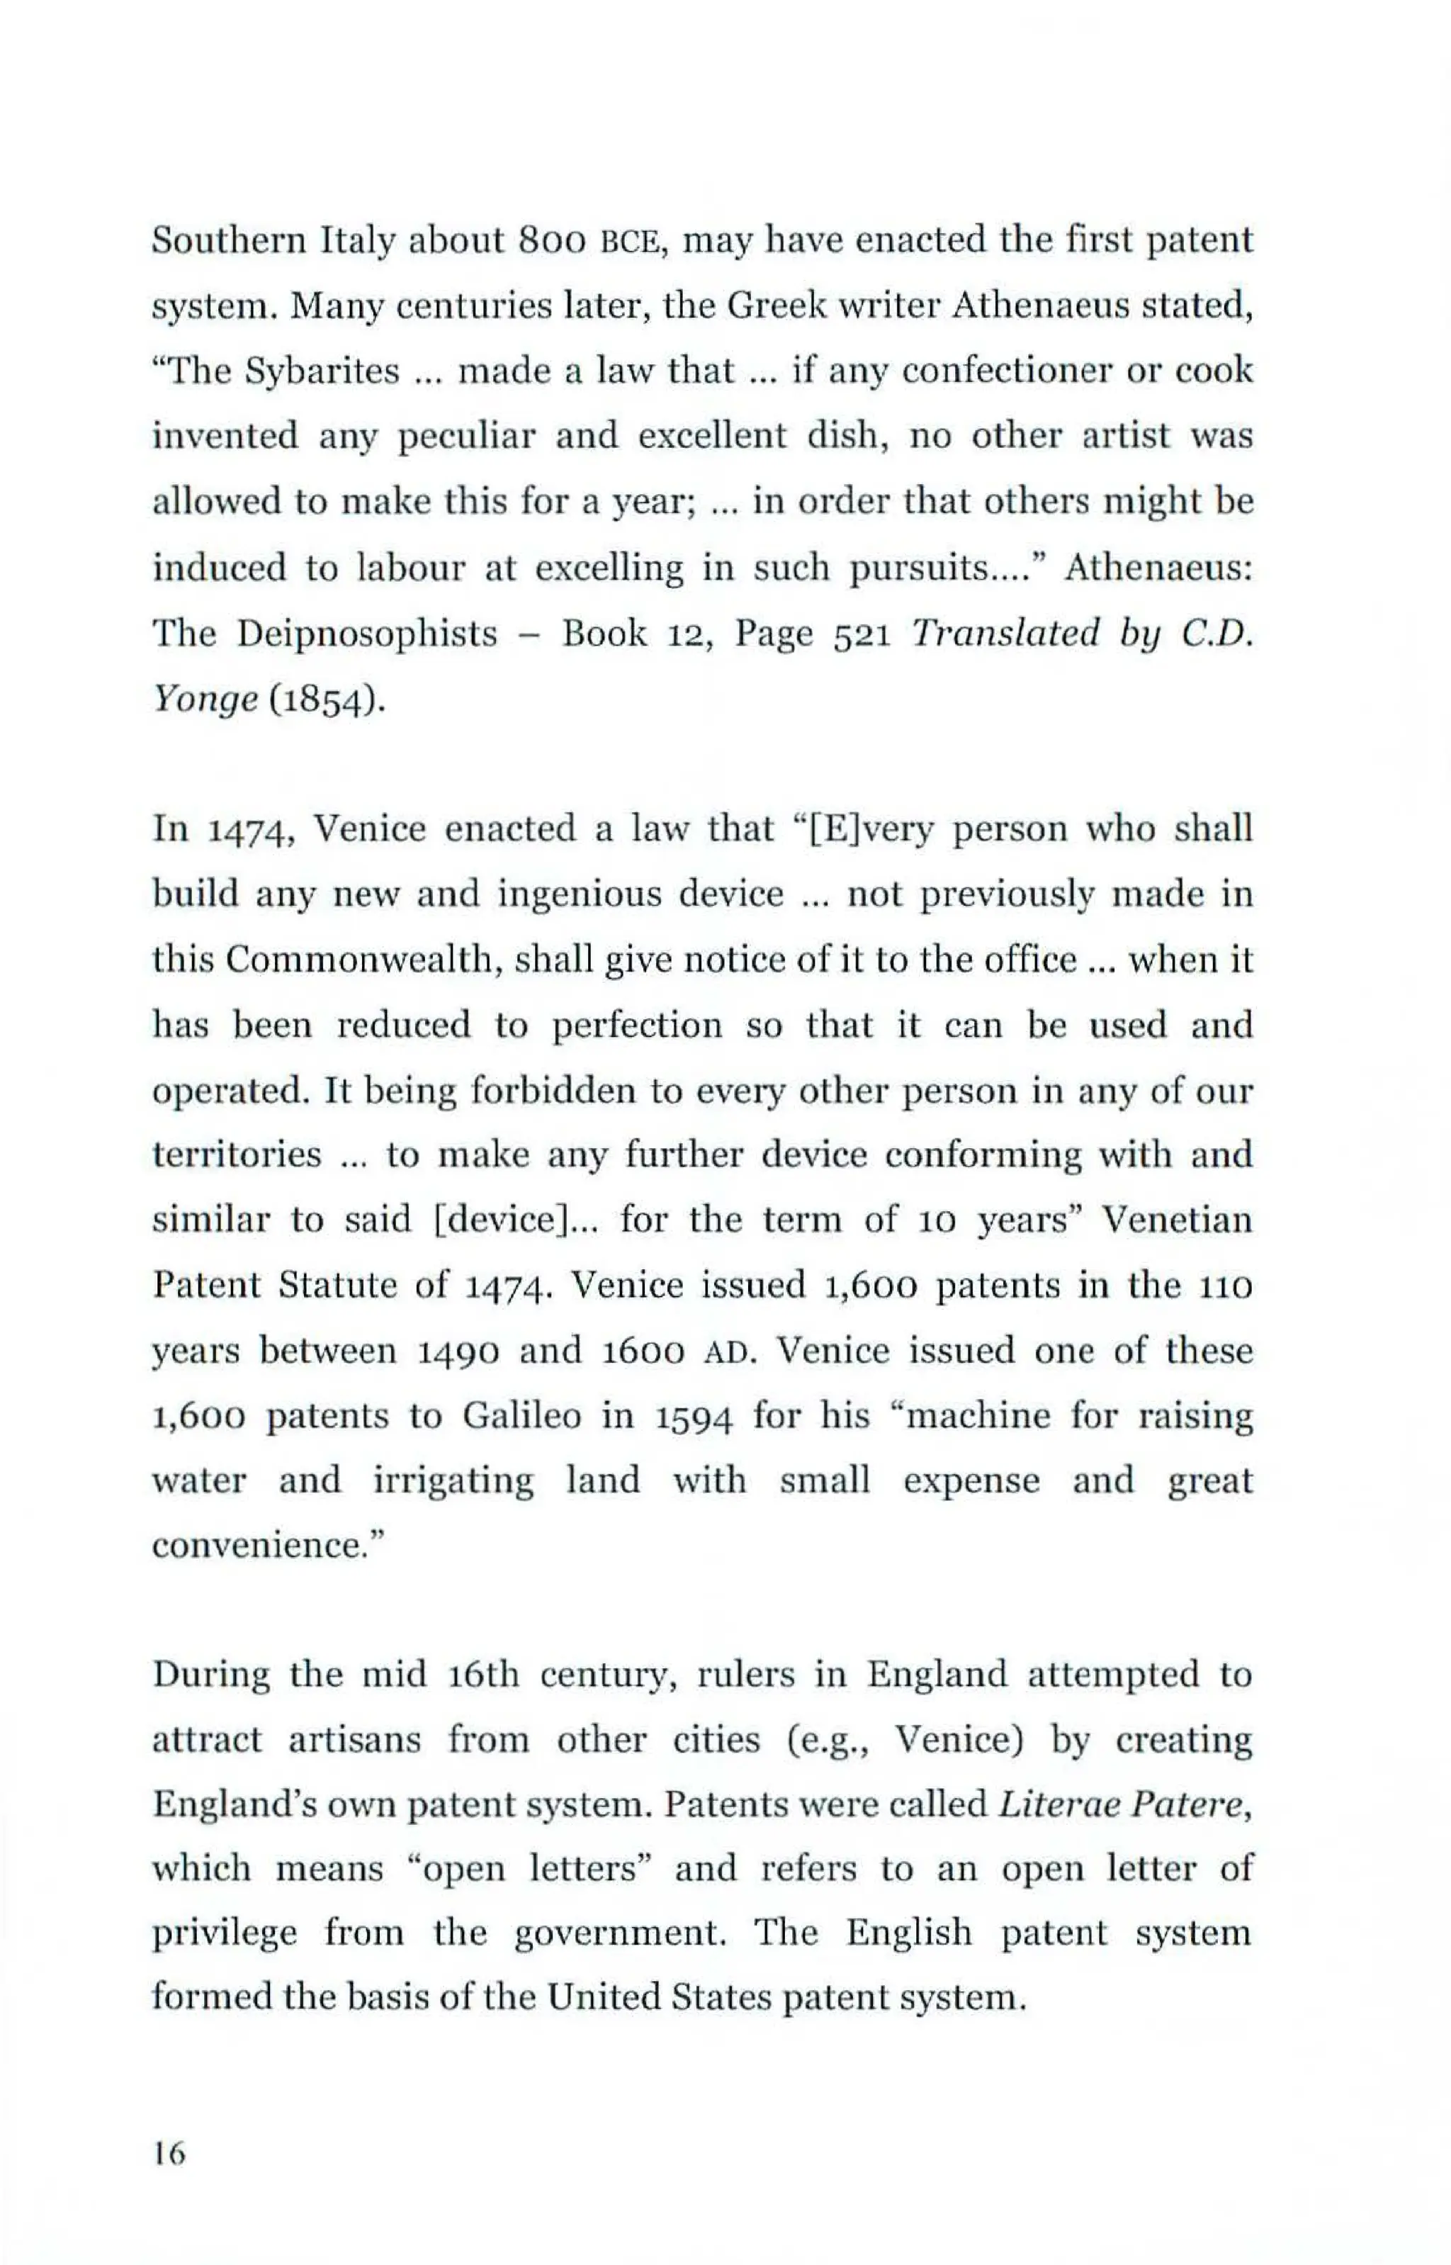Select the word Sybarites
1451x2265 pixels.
point(322,371)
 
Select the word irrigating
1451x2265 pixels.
point(453,1481)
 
